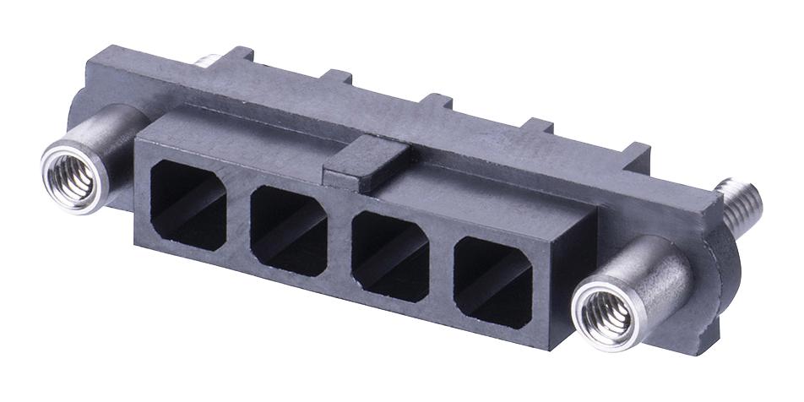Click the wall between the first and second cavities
pos(239,214)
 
